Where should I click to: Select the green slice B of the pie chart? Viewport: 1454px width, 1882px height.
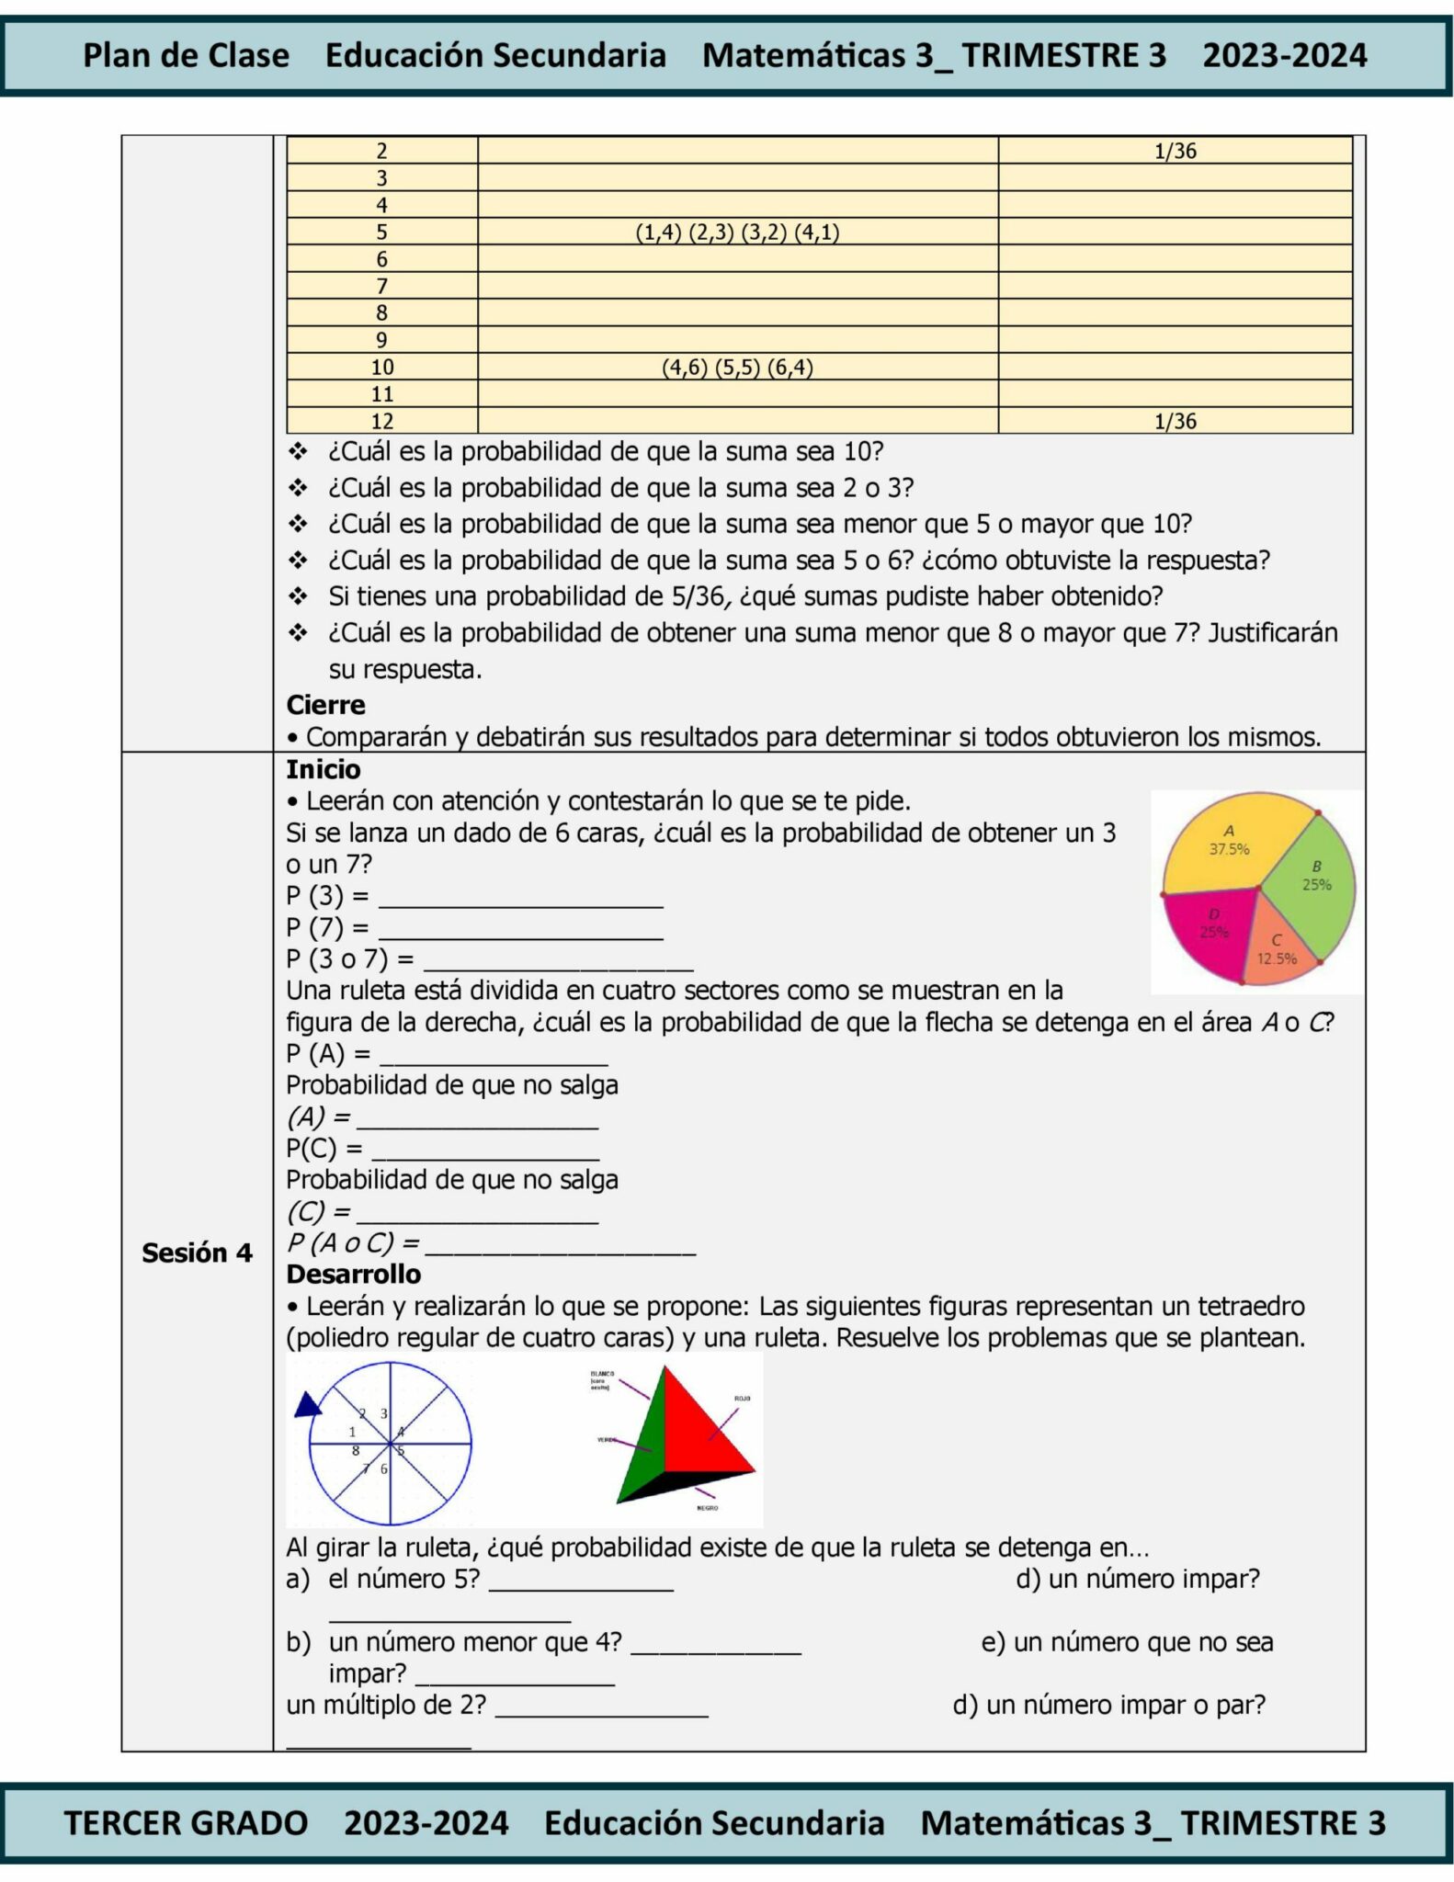tap(1312, 887)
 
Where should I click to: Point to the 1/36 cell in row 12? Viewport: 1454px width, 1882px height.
tap(1175, 422)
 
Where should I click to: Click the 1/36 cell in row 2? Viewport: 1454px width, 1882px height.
tap(1175, 152)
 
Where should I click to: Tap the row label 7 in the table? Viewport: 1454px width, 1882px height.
tap(382, 287)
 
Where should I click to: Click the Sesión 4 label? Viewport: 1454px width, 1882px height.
tap(197, 1253)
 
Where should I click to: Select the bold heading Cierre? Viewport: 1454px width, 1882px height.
tap(325, 705)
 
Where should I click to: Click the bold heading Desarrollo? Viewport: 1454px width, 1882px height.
tap(353, 1274)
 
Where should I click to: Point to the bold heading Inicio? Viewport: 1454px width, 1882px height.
tap(323, 769)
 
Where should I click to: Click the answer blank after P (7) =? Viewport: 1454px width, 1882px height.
tap(520, 930)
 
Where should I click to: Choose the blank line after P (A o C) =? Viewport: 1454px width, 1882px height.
tap(561, 1245)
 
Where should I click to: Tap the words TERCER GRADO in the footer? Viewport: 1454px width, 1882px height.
tap(186, 1822)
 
